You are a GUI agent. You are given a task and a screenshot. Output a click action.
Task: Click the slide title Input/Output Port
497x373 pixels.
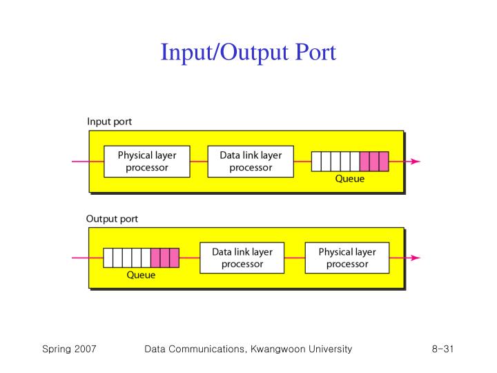click(x=248, y=52)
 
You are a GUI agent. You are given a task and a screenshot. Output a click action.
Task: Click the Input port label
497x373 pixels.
click(x=109, y=122)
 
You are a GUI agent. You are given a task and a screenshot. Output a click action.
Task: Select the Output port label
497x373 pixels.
click(x=112, y=219)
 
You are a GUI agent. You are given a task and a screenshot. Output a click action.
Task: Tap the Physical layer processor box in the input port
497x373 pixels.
click(x=146, y=161)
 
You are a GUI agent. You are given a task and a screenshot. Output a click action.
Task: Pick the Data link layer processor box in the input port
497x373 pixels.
click(x=251, y=161)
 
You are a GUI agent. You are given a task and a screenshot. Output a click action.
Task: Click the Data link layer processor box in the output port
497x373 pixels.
click(x=242, y=258)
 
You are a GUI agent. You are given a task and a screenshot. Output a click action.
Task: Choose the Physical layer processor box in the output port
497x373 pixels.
click(x=347, y=258)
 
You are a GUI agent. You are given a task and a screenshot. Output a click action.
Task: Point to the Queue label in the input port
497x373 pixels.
click(x=349, y=178)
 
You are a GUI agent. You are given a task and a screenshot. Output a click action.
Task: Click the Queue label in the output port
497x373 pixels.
click(x=141, y=275)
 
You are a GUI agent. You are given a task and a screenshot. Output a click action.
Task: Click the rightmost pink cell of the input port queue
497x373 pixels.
click(x=384, y=161)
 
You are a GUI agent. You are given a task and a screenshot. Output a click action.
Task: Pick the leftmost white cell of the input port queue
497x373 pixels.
click(x=317, y=161)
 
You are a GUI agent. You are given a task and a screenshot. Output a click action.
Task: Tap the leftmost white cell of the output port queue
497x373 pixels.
click(x=108, y=258)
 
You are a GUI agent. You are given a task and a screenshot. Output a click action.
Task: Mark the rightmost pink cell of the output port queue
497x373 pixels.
click(x=174, y=258)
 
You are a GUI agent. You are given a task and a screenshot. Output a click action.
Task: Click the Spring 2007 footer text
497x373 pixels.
click(x=69, y=350)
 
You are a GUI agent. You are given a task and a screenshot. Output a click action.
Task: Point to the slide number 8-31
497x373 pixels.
click(x=438, y=350)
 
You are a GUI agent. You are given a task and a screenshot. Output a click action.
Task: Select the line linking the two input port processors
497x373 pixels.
click(x=199, y=162)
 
